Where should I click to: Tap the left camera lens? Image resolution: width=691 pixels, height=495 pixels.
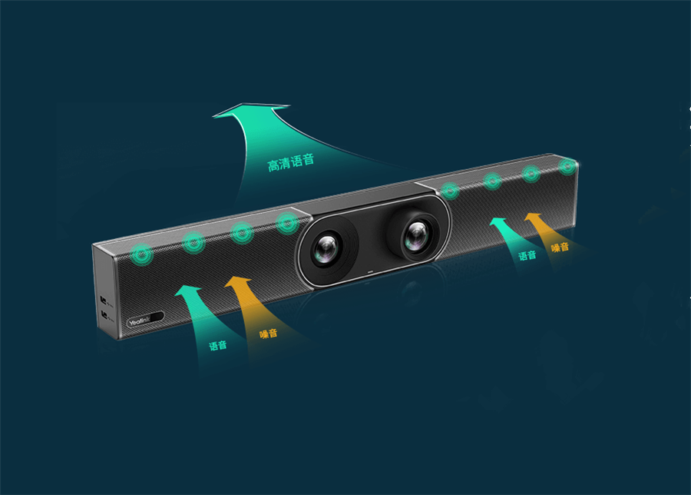pyautogui.click(x=326, y=249)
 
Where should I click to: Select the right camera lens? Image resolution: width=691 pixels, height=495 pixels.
pyautogui.click(x=416, y=235)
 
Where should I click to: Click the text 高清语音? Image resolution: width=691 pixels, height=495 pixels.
pyautogui.click(x=291, y=162)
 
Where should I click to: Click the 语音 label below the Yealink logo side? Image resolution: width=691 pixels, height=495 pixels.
pyautogui.click(x=218, y=345)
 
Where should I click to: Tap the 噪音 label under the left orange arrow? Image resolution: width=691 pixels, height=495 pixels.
pyautogui.click(x=269, y=333)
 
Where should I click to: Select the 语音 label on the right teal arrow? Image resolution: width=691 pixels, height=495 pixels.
pyautogui.click(x=527, y=255)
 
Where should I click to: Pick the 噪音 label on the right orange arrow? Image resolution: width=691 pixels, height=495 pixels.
pyautogui.click(x=560, y=247)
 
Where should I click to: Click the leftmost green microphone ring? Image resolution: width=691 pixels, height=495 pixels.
pyautogui.click(x=141, y=254)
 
